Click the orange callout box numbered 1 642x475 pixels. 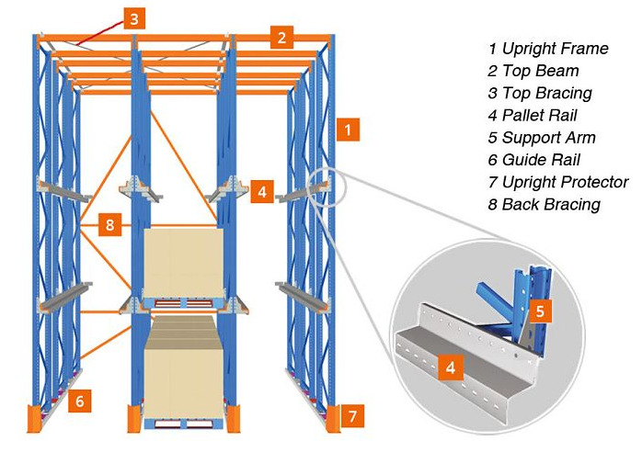point(348,130)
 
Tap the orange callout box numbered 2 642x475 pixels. point(281,38)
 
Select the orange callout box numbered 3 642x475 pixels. point(134,18)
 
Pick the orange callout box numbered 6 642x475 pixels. point(79,401)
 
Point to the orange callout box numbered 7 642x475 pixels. point(352,416)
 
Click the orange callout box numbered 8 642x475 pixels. point(109,224)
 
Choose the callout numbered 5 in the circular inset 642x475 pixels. point(540,311)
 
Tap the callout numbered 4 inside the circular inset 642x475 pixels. point(451,367)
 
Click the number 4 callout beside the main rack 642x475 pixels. point(262,191)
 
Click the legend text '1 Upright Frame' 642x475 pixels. point(548,49)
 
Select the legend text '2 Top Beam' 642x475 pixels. point(533,71)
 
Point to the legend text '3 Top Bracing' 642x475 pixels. point(540,94)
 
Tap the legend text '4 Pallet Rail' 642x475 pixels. point(533,116)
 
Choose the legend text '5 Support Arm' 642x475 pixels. point(541,138)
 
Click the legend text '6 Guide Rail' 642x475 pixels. point(533,160)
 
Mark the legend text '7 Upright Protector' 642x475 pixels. point(558,183)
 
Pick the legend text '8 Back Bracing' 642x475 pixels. point(545,205)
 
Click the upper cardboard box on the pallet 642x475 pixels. point(183,263)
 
